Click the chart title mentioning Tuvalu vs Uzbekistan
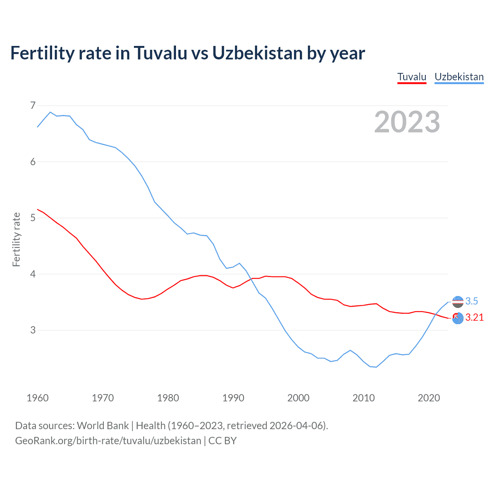pyautogui.click(x=188, y=53)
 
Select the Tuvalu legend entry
pyautogui.click(x=412, y=77)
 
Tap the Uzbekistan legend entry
pyautogui.click(x=459, y=77)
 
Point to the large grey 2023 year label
pyautogui.click(x=407, y=122)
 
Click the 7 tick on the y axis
pyautogui.click(x=33, y=105)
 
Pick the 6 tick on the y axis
pyautogui.click(x=33, y=162)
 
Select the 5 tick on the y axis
pyautogui.click(x=33, y=218)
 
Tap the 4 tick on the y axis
pyautogui.click(x=33, y=274)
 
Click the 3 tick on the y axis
pyautogui.click(x=33, y=330)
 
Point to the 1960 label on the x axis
pyautogui.click(x=37, y=398)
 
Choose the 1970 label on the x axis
pyautogui.click(x=103, y=398)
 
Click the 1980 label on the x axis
pyautogui.click(x=168, y=398)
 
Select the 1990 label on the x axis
pyautogui.click(x=233, y=398)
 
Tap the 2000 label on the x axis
pyautogui.click(x=298, y=398)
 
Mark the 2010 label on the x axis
pyautogui.click(x=364, y=398)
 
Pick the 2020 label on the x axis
pyautogui.click(x=429, y=398)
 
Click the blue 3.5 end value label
pyautogui.click(x=472, y=301)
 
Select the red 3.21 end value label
pyautogui.click(x=474, y=317)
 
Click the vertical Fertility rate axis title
pyautogui.click(x=16, y=239)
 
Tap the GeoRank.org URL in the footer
pyautogui.click(x=108, y=441)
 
